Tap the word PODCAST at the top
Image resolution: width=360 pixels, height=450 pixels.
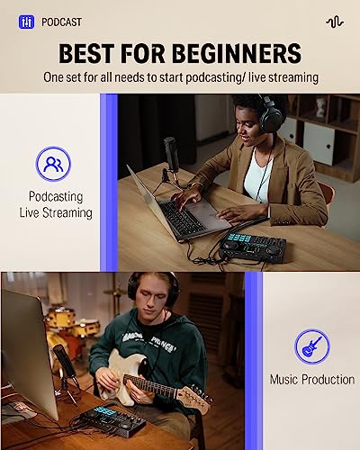coord(61,21)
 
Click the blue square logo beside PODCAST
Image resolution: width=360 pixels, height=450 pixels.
coord(27,21)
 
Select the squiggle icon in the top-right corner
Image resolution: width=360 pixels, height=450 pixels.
coord(334,21)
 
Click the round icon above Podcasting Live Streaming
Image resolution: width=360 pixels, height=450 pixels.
coord(55,165)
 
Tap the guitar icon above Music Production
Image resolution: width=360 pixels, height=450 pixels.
coord(311,346)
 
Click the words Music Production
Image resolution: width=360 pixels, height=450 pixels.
coord(311,380)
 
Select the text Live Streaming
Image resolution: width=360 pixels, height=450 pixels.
coord(56,212)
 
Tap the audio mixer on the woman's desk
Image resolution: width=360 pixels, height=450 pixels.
coord(254,246)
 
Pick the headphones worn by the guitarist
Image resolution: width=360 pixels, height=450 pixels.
coord(150,290)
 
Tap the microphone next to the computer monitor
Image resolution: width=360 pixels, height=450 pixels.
coord(63,360)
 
